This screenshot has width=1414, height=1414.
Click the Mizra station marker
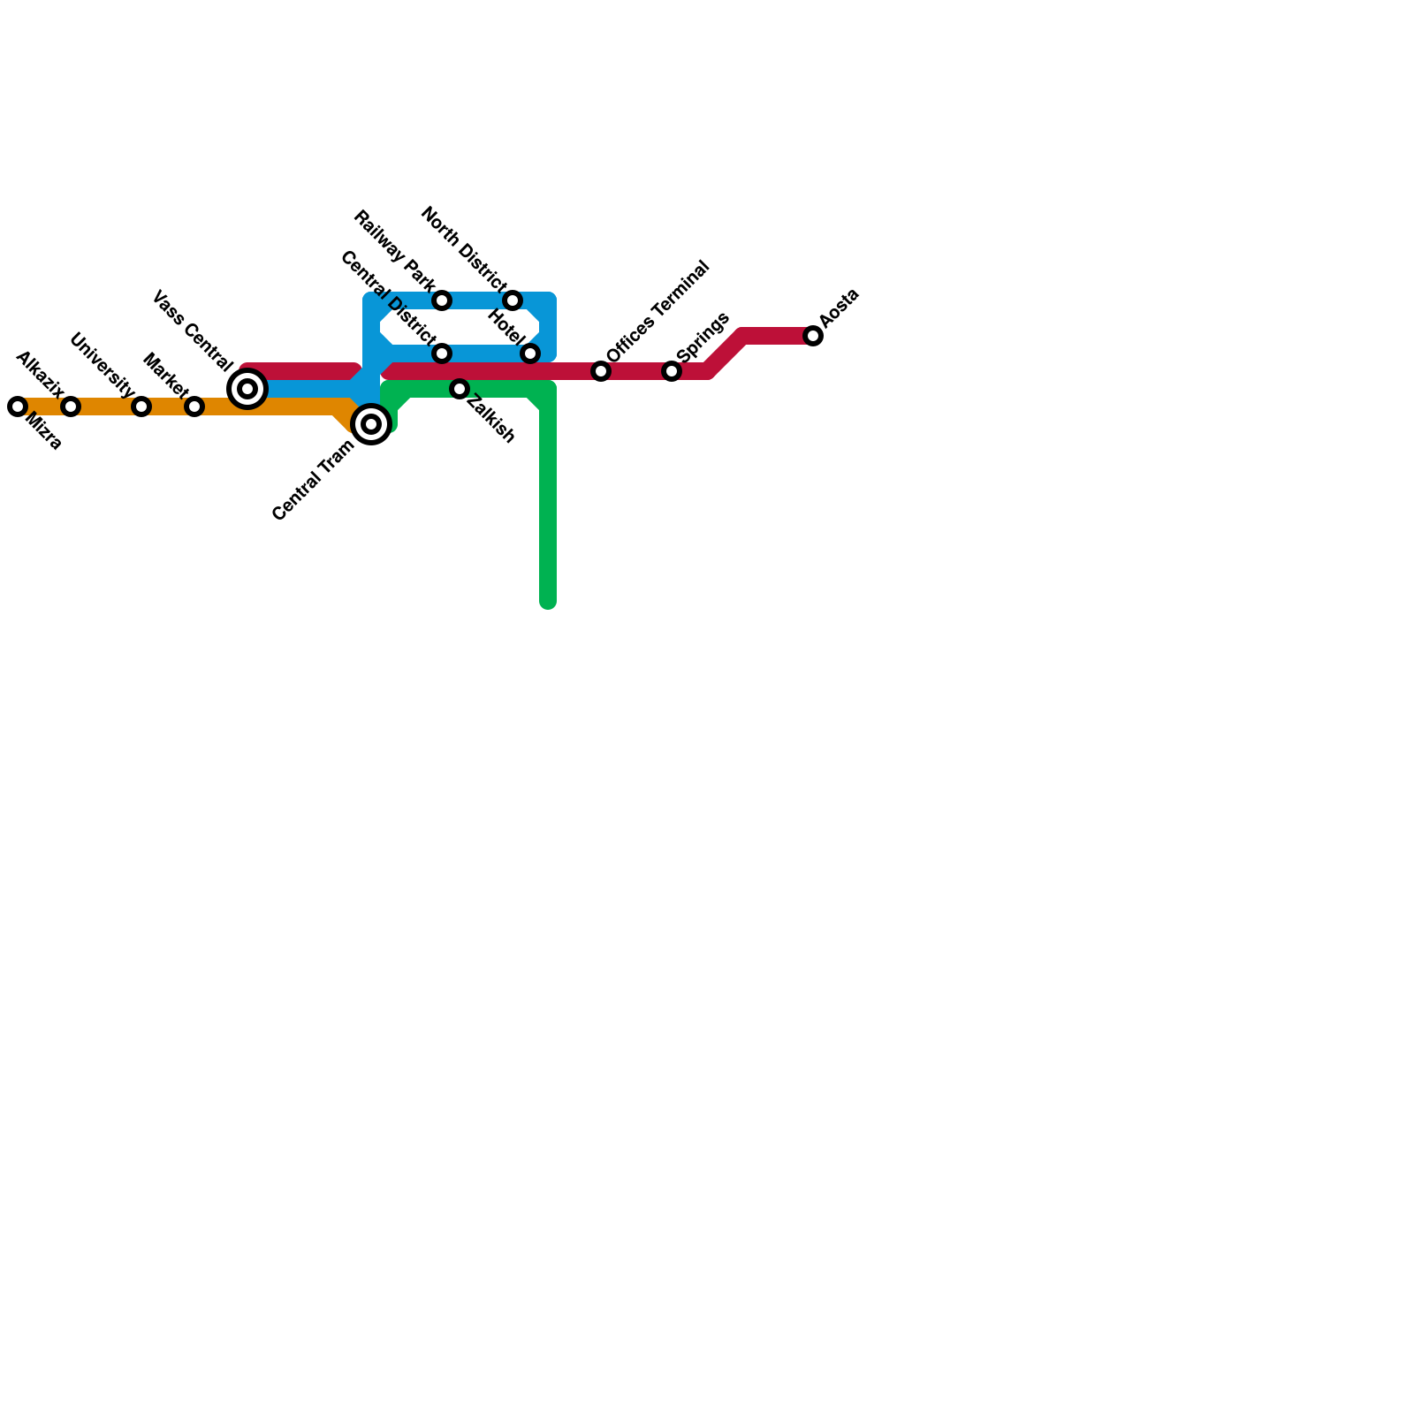(x=18, y=407)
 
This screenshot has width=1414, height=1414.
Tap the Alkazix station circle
(x=71, y=407)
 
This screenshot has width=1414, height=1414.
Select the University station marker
(x=141, y=407)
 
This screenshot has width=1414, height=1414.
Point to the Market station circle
(x=194, y=407)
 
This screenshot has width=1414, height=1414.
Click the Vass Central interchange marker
(x=247, y=389)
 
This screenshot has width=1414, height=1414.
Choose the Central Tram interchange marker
(x=371, y=424)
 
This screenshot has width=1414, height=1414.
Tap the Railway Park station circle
(x=442, y=300)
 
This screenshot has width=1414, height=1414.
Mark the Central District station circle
(x=442, y=353)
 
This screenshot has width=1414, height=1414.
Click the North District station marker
(x=513, y=300)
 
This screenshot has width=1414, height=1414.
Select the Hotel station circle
(x=530, y=353)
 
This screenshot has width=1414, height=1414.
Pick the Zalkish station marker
(x=460, y=389)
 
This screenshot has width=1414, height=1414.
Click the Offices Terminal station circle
(x=601, y=371)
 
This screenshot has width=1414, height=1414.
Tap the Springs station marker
(x=672, y=371)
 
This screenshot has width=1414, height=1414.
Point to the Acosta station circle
(x=813, y=336)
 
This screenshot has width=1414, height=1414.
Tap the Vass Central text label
(x=193, y=330)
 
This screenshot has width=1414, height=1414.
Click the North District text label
(x=462, y=248)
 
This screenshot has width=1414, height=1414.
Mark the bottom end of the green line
(x=548, y=603)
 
